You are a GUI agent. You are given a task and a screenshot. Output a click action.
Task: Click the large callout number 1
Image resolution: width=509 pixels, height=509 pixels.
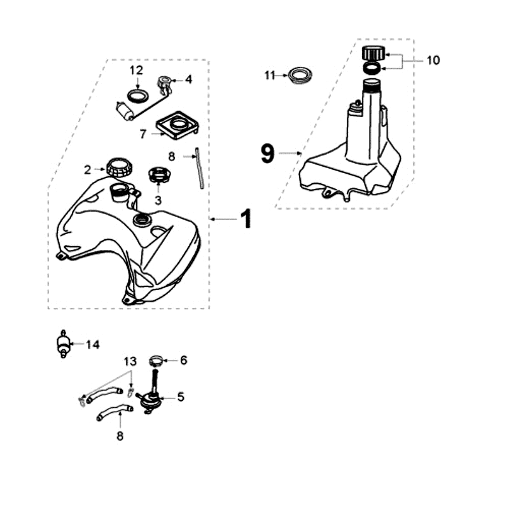pyautogui.click(x=246, y=220)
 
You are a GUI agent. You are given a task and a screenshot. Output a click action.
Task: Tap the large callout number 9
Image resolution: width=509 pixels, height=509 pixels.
pyautogui.click(x=268, y=153)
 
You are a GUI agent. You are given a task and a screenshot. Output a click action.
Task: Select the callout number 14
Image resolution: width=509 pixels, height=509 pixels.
pyautogui.click(x=93, y=345)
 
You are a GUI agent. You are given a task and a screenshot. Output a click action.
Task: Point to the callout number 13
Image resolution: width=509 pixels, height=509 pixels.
pyautogui.click(x=130, y=361)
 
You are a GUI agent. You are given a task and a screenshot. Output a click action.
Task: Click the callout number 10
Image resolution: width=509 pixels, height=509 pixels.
pyautogui.click(x=433, y=60)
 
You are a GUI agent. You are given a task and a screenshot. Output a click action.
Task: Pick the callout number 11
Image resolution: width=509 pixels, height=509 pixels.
pyautogui.click(x=270, y=75)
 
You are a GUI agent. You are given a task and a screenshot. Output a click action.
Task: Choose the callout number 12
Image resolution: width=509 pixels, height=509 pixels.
pyautogui.click(x=137, y=69)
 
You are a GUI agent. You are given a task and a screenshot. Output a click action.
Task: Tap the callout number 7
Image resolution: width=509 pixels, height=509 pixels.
pyautogui.click(x=143, y=134)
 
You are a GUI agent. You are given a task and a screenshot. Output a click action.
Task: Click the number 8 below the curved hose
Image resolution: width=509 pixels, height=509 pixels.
pyautogui.click(x=120, y=436)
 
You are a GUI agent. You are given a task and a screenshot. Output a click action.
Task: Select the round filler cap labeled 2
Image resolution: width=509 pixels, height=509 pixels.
pyautogui.click(x=120, y=169)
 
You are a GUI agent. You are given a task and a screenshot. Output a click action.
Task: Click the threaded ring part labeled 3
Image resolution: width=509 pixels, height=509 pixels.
pyautogui.click(x=157, y=174)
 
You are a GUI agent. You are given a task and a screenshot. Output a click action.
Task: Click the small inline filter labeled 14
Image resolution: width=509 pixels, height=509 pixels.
pyautogui.click(x=63, y=346)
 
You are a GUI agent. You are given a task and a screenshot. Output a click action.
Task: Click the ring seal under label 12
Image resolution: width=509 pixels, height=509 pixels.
pyautogui.click(x=137, y=95)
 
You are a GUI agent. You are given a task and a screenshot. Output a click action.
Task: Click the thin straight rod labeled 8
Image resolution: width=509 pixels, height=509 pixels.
pyautogui.click(x=199, y=168)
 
